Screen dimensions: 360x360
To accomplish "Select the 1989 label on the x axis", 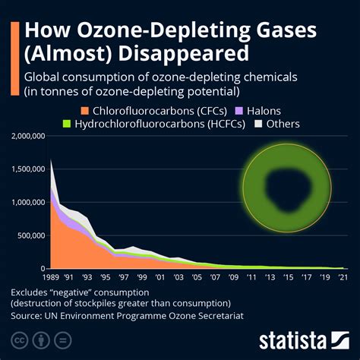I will point(52,277).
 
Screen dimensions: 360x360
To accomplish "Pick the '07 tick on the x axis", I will point(216,277).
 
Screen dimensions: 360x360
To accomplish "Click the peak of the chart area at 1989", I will point(51,159).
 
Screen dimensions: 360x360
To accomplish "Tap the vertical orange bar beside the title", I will point(14,53).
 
